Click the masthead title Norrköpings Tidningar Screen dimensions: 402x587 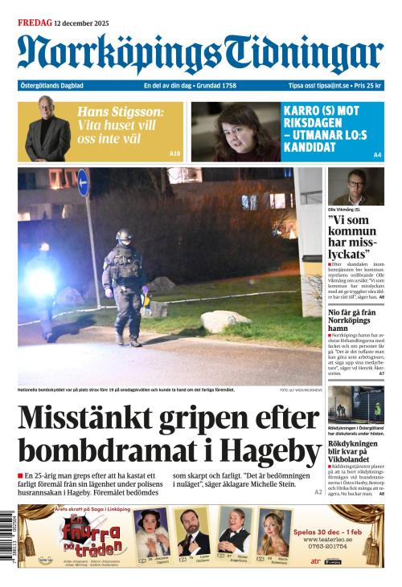click(x=200, y=55)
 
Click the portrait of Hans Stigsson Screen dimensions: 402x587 click(x=47, y=130)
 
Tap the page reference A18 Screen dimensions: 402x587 click(x=175, y=153)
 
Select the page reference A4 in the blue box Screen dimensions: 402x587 click(x=377, y=154)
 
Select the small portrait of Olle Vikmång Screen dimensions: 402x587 click(x=355, y=187)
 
